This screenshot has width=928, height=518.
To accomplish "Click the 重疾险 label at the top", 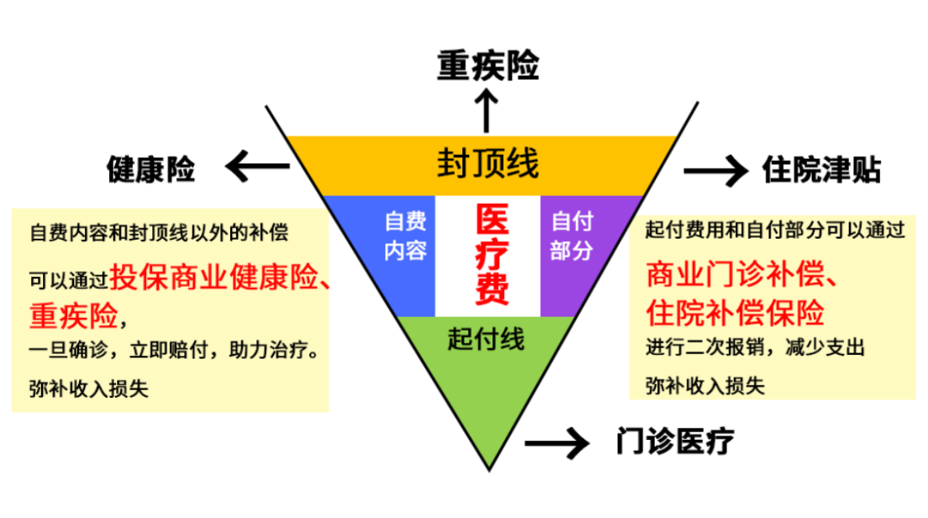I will pos(487,65).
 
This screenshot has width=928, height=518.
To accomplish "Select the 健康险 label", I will pos(150,169).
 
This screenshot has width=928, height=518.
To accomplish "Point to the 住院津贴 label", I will pos(821,169).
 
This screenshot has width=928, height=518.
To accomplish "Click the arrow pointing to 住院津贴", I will pos(715,170).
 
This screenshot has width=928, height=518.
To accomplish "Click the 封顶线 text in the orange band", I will pos(488,163).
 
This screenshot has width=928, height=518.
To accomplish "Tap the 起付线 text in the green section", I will pos(485,338).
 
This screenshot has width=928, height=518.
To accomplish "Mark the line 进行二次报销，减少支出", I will pos(755,349).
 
